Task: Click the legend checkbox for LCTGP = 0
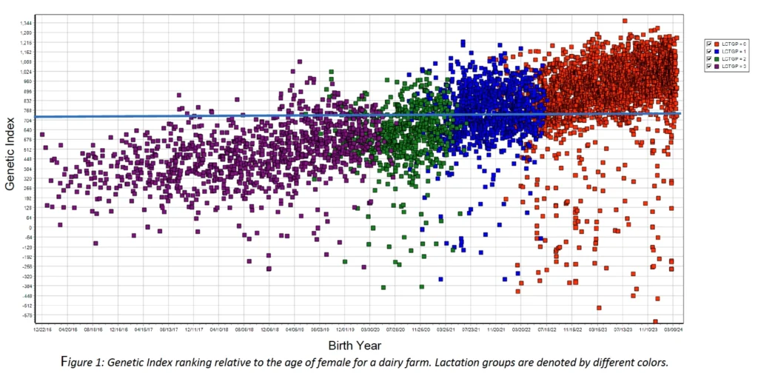pos(709,44)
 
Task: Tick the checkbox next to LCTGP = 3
pos(709,67)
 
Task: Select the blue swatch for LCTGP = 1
pos(717,52)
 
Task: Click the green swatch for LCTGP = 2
pos(717,59)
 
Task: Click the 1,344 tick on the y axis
pos(27,23)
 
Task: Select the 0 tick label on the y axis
pos(30,227)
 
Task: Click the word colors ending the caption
pos(651,362)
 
